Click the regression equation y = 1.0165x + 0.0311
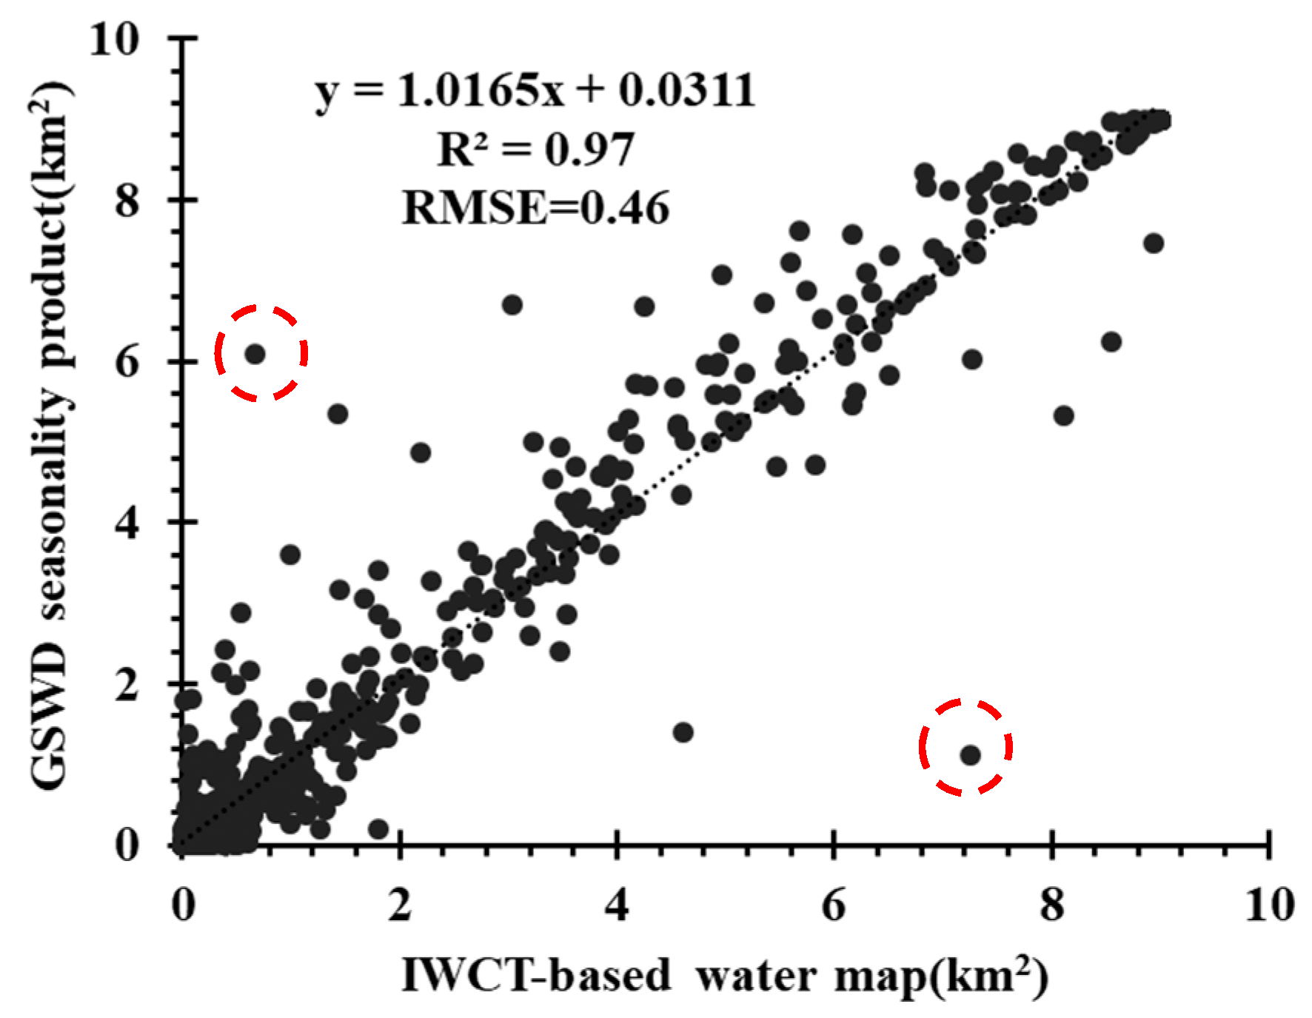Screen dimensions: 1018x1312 (535, 91)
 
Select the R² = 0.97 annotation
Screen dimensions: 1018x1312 (535, 150)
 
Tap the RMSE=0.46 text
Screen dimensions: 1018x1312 (535, 208)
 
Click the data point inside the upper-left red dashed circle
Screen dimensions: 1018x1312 (255, 354)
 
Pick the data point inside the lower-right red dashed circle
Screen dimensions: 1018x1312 (970, 755)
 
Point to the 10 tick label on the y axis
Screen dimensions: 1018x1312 (114, 38)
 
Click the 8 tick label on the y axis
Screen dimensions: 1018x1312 (127, 200)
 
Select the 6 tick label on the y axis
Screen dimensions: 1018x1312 (127, 361)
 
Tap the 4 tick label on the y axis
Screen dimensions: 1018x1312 (127, 523)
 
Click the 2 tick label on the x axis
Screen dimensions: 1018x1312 (400, 905)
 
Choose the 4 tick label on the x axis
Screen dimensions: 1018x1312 (617, 905)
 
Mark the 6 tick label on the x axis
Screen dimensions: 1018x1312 (834, 905)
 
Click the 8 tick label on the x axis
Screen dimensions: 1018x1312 (1051, 905)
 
